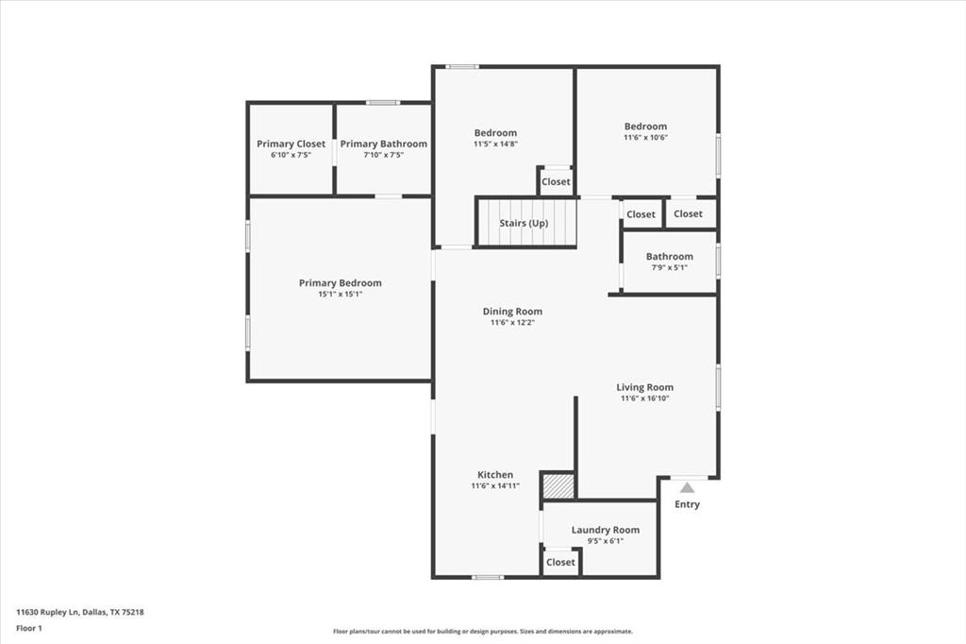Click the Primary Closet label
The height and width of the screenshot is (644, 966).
pos(291,144)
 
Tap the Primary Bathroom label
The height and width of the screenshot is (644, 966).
pos(383,144)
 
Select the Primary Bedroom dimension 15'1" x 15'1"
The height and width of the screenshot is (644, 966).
pos(340,295)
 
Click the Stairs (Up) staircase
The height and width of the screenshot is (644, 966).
pos(525,224)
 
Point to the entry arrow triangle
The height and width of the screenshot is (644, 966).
pos(688,487)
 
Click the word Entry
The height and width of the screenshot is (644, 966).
pos(688,504)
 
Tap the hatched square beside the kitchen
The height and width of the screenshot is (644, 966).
pos(558,485)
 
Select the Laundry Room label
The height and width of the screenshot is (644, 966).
pos(605,530)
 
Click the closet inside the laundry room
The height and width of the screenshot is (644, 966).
pos(560,562)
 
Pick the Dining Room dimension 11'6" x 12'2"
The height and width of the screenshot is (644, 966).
pos(512,323)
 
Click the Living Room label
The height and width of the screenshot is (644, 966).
pos(645,387)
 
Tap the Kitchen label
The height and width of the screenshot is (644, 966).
pos(495,475)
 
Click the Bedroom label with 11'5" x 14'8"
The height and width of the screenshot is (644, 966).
pos(495,133)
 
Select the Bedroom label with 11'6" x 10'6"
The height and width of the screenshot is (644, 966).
pos(645,127)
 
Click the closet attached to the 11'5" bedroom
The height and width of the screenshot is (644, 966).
pos(556,181)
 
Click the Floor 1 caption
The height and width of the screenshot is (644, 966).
pos(30,627)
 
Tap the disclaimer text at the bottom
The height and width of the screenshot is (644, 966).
pos(482,632)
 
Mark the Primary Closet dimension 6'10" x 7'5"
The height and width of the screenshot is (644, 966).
pos(291,155)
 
